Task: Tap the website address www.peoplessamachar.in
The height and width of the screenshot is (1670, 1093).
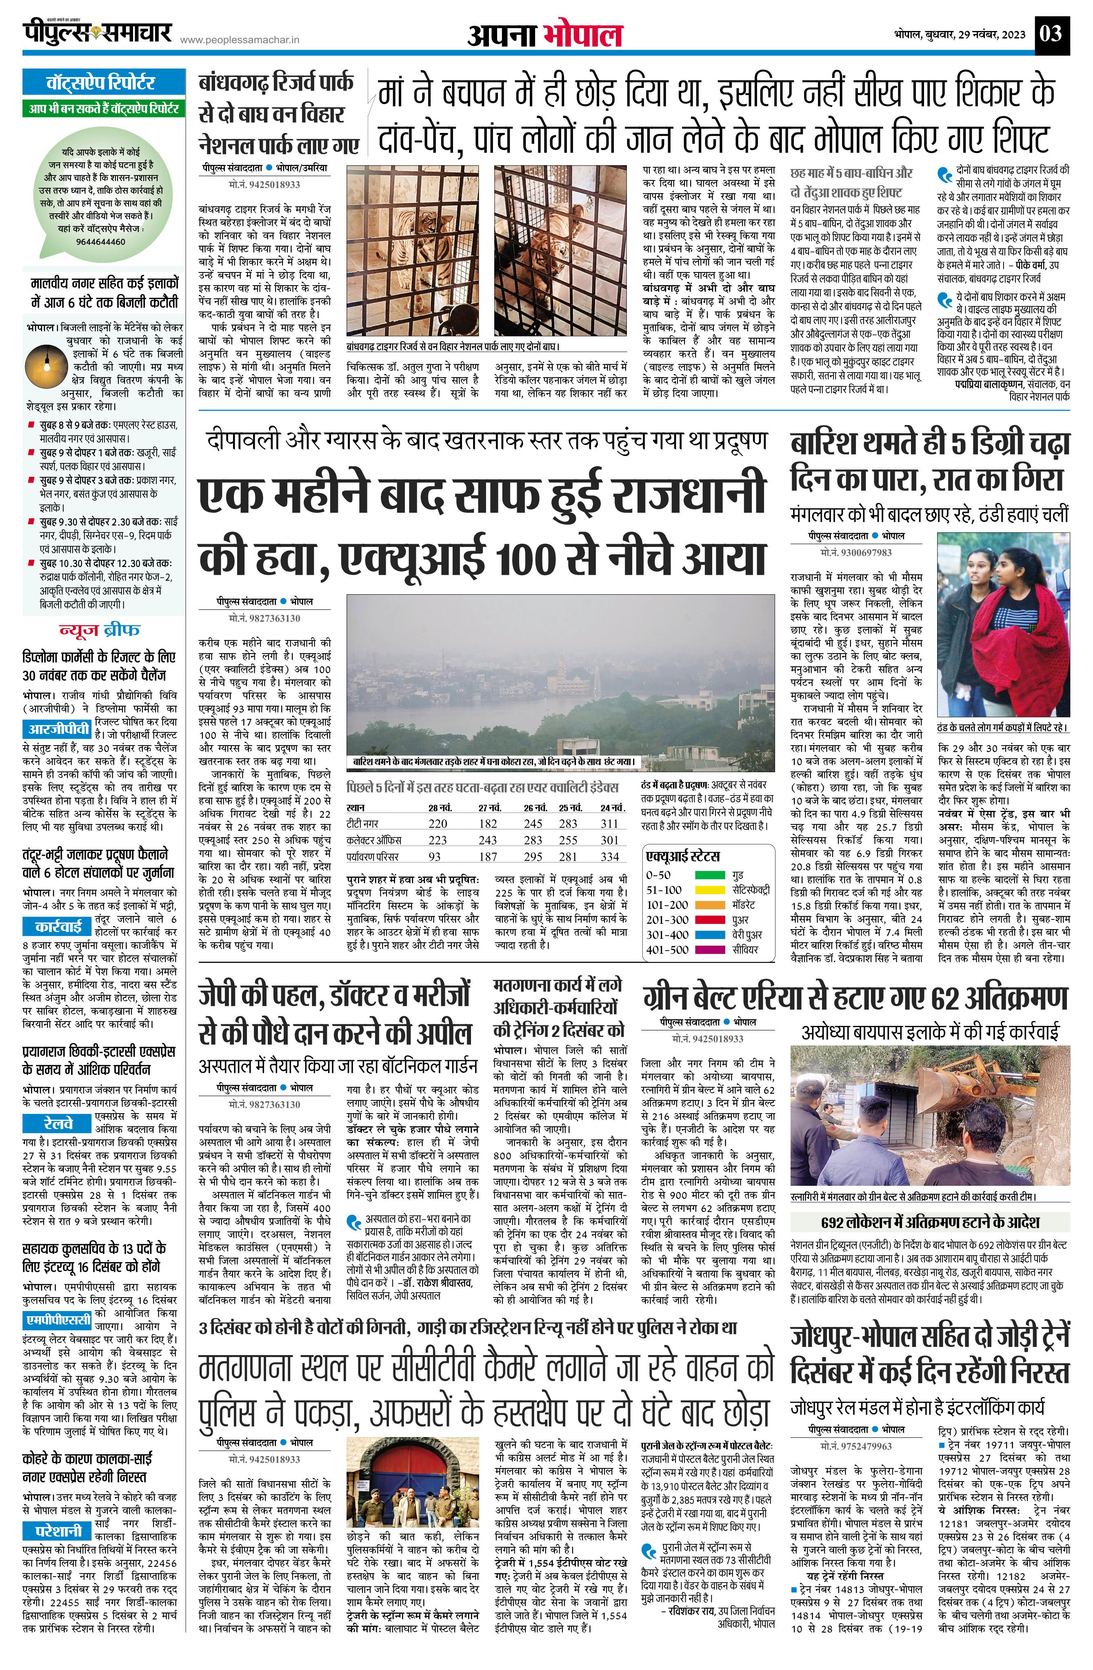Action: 240,41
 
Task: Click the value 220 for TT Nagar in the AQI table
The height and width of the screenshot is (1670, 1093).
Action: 438,823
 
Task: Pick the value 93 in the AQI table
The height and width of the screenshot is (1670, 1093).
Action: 435,856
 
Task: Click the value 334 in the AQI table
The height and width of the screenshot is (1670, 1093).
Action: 609,856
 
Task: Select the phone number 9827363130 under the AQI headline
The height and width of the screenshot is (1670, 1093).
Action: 264,618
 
